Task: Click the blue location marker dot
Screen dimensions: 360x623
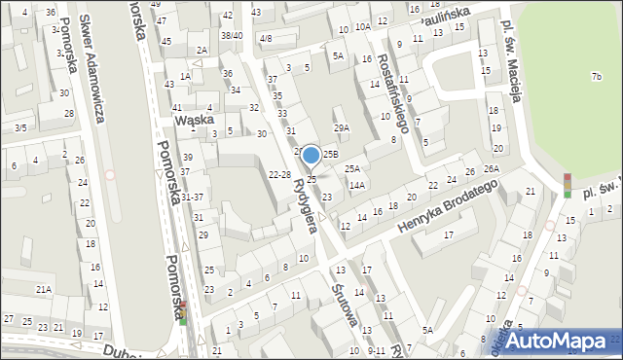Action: pyautogui.click(x=311, y=155)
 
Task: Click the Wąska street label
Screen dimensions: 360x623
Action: pyautogui.click(x=193, y=120)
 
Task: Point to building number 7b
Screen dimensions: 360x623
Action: pyautogui.click(x=596, y=76)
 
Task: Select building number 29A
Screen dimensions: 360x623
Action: pyautogui.click(x=341, y=127)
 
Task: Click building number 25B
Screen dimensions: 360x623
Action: pyautogui.click(x=331, y=154)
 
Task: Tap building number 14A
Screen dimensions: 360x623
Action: pyautogui.click(x=356, y=185)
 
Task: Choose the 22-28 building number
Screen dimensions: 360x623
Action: pyautogui.click(x=279, y=174)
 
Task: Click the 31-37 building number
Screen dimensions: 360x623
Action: pyautogui.click(x=192, y=198)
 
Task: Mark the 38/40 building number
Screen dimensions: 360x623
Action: pyautogui.click(x=232, y=35)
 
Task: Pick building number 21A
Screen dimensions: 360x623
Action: pyautogui.click(x=44, y=289)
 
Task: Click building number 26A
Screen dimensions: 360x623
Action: pyautogui.click(x=492, y=169)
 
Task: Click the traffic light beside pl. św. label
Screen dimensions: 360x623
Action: pyautogui.click(x=568, y=185)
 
